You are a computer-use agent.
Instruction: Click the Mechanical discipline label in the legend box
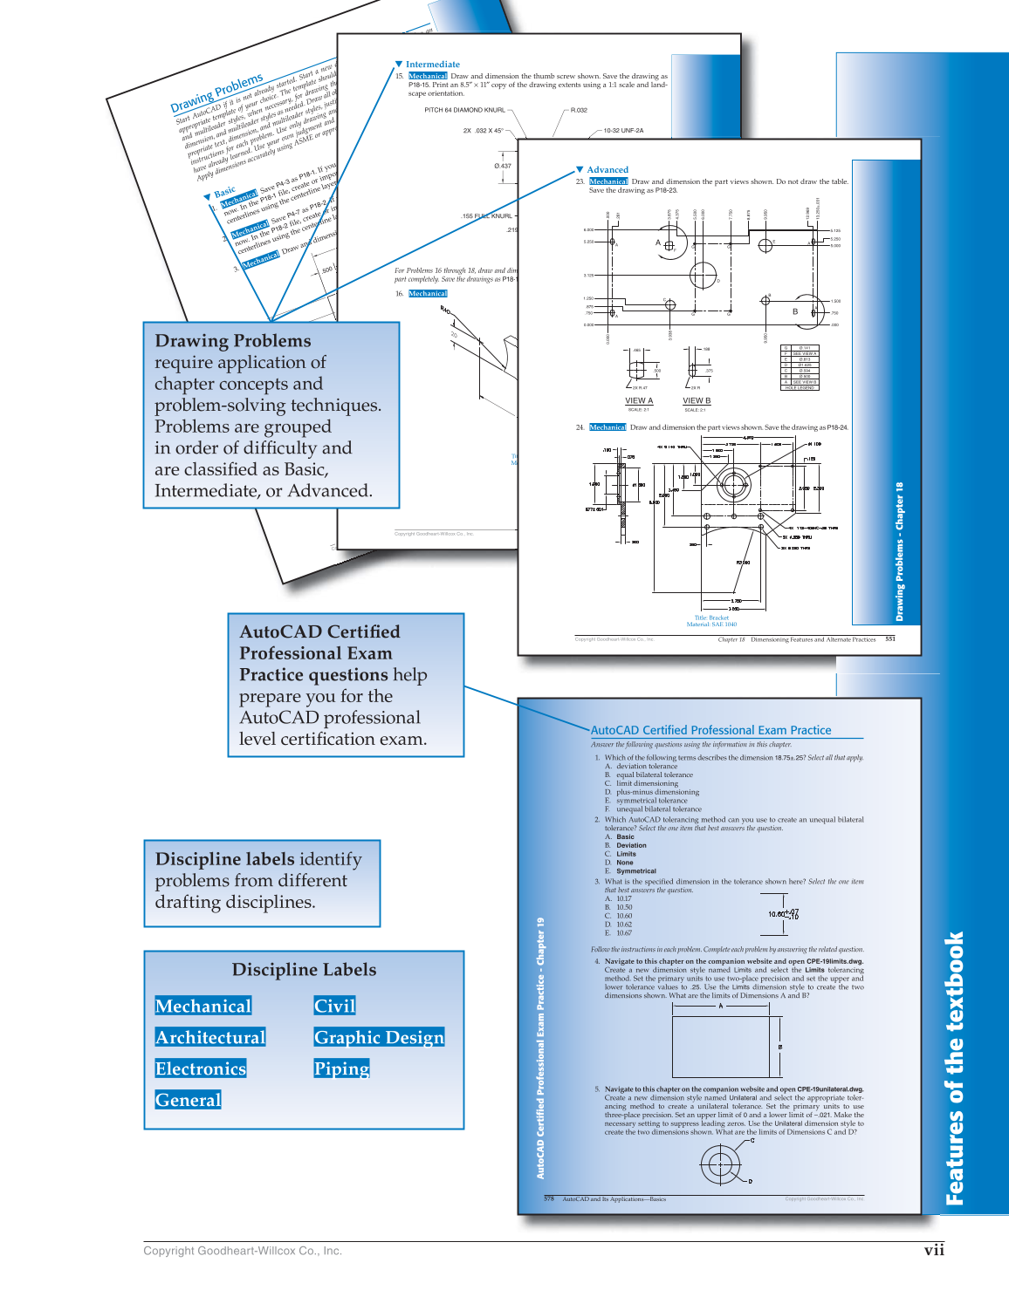click(202, 1006)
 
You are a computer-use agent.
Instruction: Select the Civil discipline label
click(334, 1006)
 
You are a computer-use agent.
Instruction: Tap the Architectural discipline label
click(209, 1037)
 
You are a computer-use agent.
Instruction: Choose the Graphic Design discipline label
click(379, 1037)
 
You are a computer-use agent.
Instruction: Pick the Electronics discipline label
click(200, 1068)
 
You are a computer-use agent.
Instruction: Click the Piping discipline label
click(341, 1068)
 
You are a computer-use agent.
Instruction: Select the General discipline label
click(188, 1100)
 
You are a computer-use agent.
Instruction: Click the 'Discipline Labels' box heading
click(304, 970)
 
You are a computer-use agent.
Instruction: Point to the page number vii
click(934, 1250)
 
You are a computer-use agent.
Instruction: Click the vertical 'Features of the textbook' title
click(955, 1068)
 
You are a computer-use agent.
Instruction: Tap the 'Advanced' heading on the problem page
click(607, 170)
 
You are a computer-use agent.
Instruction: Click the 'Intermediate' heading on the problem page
click(432, 65)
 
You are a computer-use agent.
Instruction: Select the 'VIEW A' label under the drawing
click(639, 401)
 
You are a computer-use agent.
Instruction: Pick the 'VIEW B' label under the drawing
click(697, 401)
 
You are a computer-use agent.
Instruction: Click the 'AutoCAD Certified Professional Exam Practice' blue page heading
click(710, 730)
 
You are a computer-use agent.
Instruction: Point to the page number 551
click(890, 639)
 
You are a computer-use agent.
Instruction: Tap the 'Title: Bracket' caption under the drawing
click(711, 618)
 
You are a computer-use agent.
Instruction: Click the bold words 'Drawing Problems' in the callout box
click(232, 341)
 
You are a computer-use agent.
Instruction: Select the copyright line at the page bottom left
click(243, 1251)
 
